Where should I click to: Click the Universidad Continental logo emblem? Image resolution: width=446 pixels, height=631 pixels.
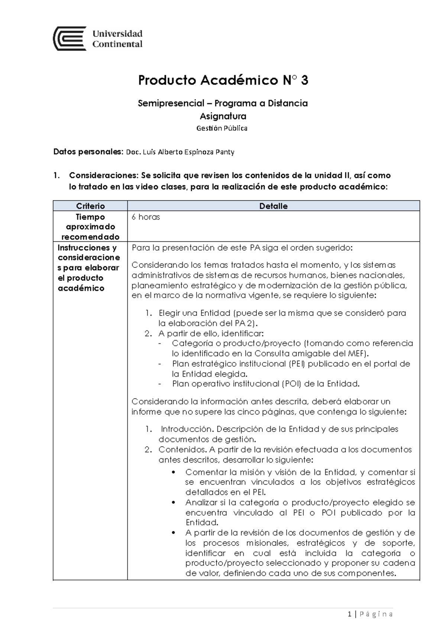pos(70,39)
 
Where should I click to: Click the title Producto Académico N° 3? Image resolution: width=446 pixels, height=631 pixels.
pos(223,80)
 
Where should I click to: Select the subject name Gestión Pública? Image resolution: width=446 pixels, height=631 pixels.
pos(222,128)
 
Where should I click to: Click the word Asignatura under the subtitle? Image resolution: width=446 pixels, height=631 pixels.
pos(223,116)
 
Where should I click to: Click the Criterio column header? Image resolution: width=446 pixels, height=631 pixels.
pos(90,206)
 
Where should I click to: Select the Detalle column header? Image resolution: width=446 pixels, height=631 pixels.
pos(274,206)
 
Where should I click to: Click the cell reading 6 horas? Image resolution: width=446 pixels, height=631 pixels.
pos(146,217)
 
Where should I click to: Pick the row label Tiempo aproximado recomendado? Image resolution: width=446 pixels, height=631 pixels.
pos(90,227)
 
